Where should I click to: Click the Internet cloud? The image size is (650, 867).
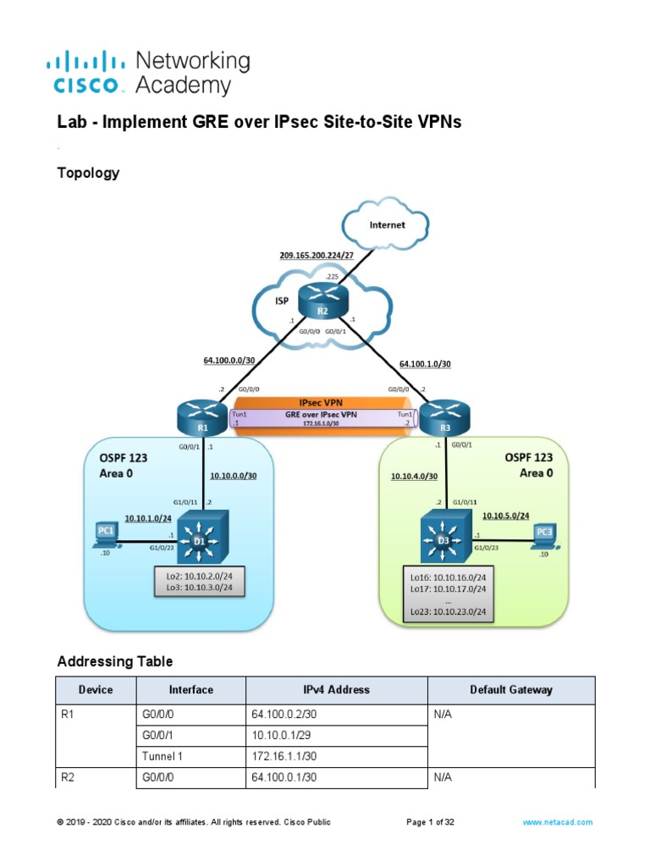pos(386,225)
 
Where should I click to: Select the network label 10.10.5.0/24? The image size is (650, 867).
pos(506,515)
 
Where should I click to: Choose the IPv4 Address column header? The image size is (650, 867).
pos(336,690)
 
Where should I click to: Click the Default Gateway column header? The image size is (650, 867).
pos(511,690)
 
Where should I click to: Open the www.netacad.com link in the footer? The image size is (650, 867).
pos(557,822)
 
